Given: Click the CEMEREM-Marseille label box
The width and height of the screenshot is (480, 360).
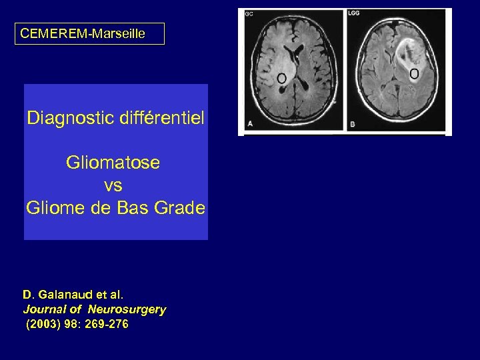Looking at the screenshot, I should point(89,33).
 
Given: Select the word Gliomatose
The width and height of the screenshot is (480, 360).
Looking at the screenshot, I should point(113,163).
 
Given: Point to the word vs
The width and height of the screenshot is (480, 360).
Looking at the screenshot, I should point(113,185).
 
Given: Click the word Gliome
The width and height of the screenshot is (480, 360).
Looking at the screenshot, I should point(52,208).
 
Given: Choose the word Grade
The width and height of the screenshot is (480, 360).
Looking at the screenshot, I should point(179,208).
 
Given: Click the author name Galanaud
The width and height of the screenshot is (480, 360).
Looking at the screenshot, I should point(63,294).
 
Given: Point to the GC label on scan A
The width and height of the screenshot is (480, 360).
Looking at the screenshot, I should point(249,14).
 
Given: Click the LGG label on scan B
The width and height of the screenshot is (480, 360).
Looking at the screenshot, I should point(353,13).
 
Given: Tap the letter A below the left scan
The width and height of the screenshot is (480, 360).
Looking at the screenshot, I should point(250,124).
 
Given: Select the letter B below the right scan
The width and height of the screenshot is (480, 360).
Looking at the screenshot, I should point(353,125).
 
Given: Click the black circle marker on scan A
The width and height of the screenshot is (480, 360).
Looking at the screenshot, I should point(282,79).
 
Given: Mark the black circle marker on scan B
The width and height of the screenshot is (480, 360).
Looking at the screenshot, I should point(414,73).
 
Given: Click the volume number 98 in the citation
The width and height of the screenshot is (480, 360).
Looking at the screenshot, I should point(71,325).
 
